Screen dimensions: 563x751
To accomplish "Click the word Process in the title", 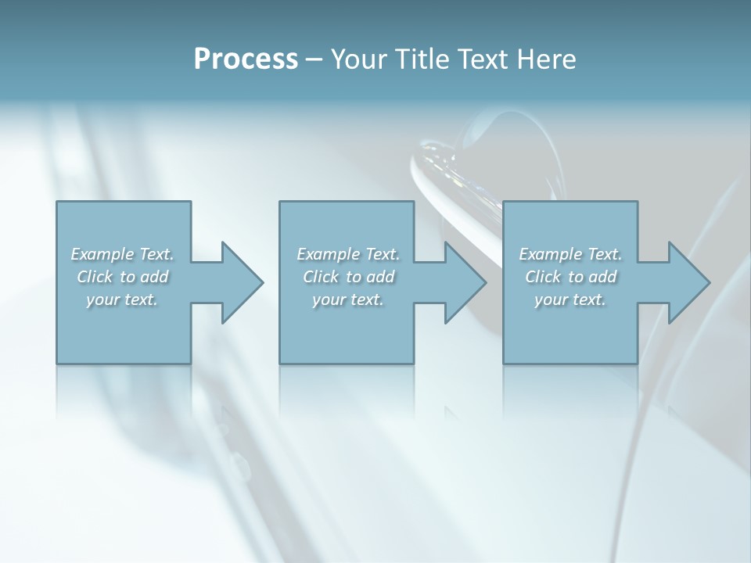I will (246, 59).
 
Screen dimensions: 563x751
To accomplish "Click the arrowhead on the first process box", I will (243, 282).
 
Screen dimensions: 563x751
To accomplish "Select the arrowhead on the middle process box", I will (465, 282).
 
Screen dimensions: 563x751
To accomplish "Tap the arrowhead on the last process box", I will (689, 282).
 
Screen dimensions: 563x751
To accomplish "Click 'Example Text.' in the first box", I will (122, 254).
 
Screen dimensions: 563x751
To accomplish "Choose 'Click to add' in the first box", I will (123, 277).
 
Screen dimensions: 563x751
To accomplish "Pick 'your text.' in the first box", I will (122, 299).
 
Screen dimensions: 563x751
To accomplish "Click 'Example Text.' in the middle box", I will (348, 254).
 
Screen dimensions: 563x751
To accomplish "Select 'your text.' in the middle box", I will (348, 299).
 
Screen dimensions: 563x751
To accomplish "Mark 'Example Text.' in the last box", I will (570, 254).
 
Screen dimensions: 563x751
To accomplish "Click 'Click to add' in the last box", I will (571, 277).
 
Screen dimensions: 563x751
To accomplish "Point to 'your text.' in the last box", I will (570, 299).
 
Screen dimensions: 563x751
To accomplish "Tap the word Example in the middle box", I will (329, 254).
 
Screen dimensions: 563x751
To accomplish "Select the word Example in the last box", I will (551, 254).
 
